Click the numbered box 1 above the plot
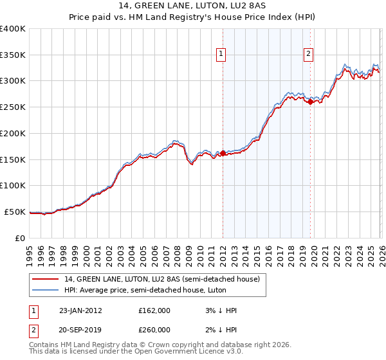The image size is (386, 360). (x=221, y=55)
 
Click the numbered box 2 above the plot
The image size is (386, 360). (x=309, y=55)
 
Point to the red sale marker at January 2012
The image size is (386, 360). (x=223, y=153)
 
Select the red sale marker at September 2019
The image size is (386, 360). (x=311, y=102)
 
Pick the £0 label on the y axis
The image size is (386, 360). (x=20, y=238)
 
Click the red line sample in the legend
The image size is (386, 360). (x=46, y=279)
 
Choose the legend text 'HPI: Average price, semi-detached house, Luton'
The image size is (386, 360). (x=139, y=289)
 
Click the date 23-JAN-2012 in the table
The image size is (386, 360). (x=80, y=310)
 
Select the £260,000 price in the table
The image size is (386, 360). (x=154, y=330)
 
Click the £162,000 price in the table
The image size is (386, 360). (x=154, y=310)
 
